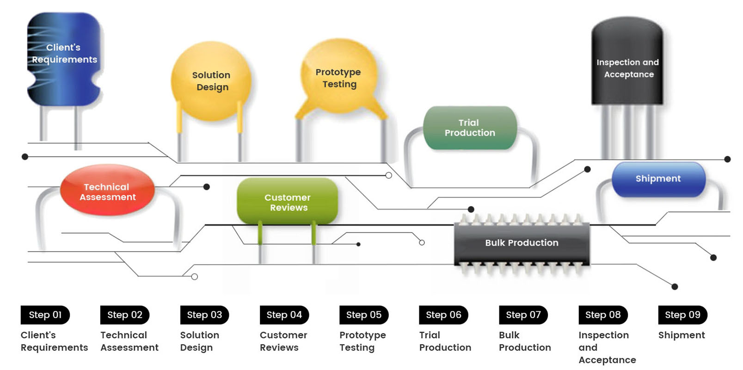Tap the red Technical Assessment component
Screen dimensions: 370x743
click(107, 191)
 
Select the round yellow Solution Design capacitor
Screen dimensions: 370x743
click(211, 81)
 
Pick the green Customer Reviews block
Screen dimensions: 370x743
click(287, 202)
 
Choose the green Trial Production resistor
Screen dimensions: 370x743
click(469, 128)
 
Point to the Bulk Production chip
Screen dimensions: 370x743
click(522, 243)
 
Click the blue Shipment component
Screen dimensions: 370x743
click(658, 179)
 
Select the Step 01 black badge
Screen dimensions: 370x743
click(45, 315)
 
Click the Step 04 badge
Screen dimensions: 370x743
click(284, 315)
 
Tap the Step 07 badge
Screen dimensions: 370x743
click(523, 315)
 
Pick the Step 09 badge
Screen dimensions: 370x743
click(682, 315)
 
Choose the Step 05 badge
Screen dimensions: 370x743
click(364, 315)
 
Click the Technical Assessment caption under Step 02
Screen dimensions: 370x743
click(129, 341)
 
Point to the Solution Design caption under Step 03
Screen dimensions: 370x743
click(199, 341)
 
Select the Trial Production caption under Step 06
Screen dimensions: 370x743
click(445, 341)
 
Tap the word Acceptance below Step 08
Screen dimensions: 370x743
click(607, 360)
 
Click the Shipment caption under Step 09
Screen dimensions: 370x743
click(682, 335)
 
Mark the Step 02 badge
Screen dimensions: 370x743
click(125, 315)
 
